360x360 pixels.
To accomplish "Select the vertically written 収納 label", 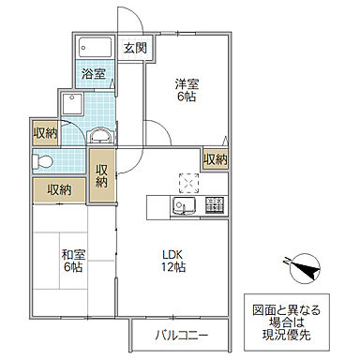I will coord(102,175).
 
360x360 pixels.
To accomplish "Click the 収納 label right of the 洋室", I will coord(215,160).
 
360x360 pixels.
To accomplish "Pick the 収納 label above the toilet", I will coord(44,132).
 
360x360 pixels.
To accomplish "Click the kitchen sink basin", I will coord(183,205).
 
